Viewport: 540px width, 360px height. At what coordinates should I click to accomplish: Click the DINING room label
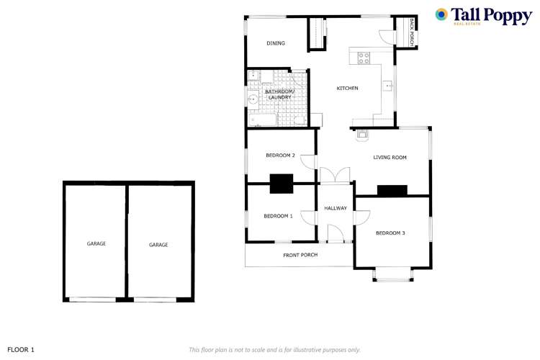coord(276,43)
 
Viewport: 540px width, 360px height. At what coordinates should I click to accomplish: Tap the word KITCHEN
coord(348,89)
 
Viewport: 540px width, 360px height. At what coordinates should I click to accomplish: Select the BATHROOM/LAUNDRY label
coord(279,94)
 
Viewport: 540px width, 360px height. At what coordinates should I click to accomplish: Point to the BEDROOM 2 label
coord(280,156)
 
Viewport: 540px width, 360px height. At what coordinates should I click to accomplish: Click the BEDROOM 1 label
coord(278,216)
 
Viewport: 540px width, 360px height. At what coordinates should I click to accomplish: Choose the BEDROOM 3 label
coord(391,233)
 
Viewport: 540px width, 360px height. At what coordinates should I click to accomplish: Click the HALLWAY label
coord(336,208)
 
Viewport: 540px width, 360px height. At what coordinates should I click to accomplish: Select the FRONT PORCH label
coord(300,255)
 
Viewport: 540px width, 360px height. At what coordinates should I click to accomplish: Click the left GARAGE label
coord(96,244)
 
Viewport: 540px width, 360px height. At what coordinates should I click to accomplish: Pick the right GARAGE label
coord(158,245)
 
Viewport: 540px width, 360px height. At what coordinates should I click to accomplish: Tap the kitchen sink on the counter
coord(388,86)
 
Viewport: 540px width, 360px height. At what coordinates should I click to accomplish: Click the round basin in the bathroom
coord(253,100)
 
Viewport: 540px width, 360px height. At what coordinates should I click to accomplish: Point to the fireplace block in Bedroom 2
coord(281,184)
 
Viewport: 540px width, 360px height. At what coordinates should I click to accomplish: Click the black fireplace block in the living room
coord(392,191)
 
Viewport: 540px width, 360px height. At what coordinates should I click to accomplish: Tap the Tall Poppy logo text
coord(491,16)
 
